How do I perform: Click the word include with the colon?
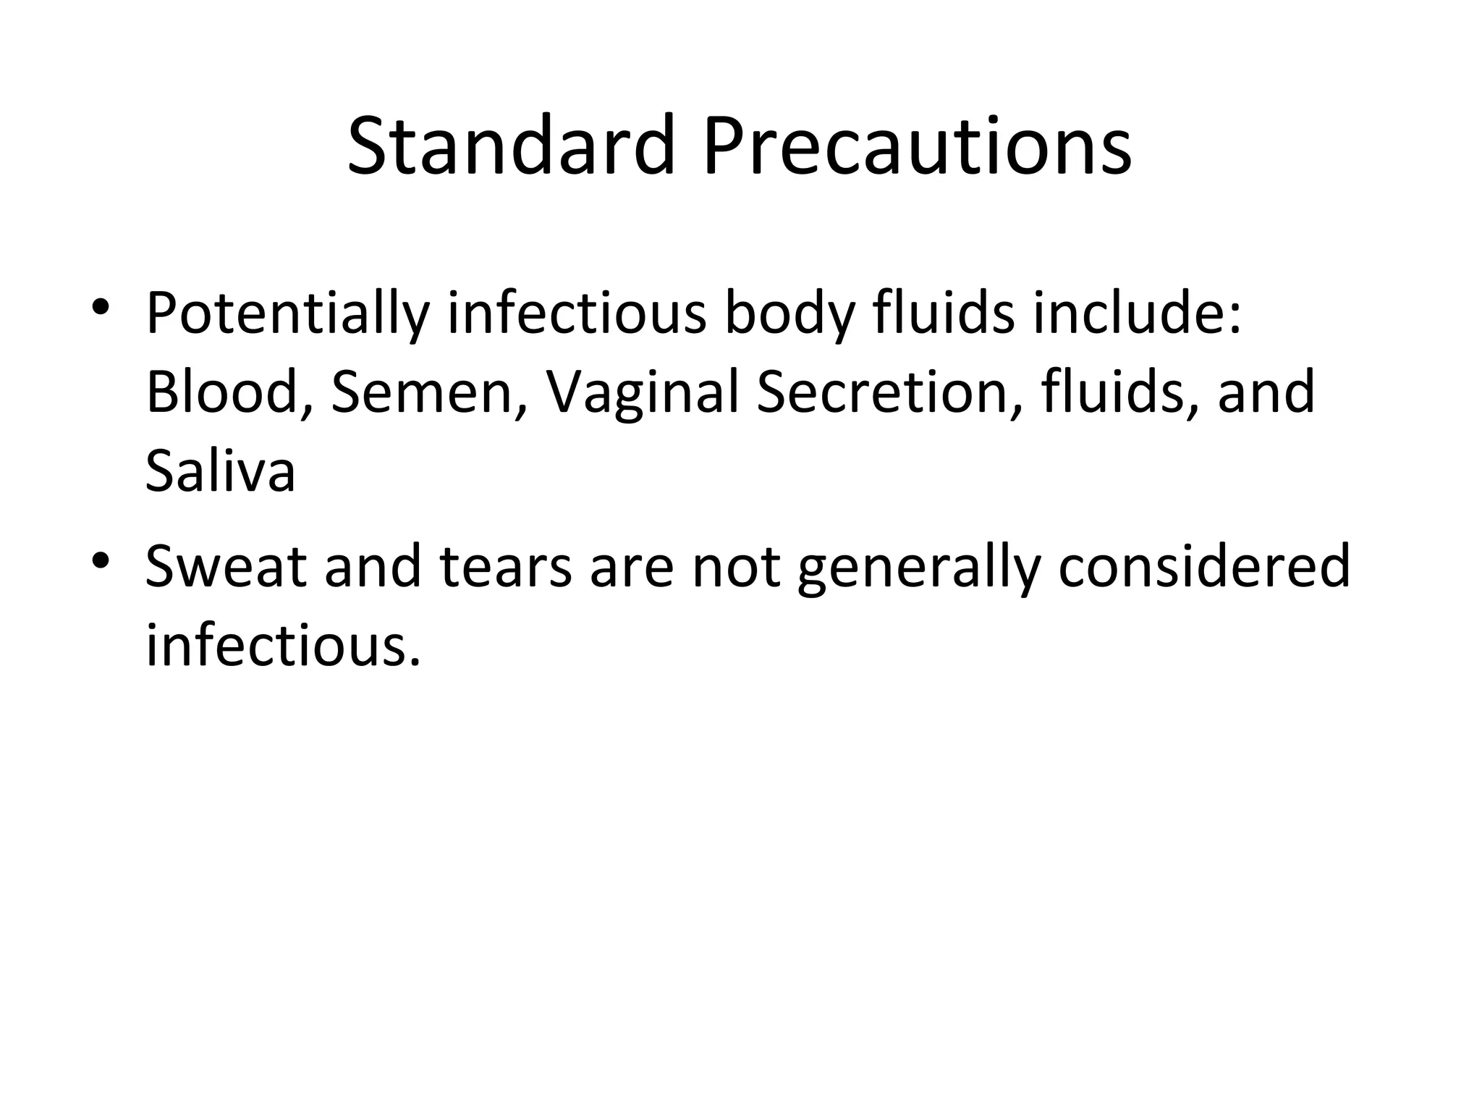[1137, 313]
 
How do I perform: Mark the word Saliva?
[220, 471]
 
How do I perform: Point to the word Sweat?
[226, 566]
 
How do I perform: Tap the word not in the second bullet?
[736, 566]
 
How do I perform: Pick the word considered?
[1204, 566]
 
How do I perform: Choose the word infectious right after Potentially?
[577, 313]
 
